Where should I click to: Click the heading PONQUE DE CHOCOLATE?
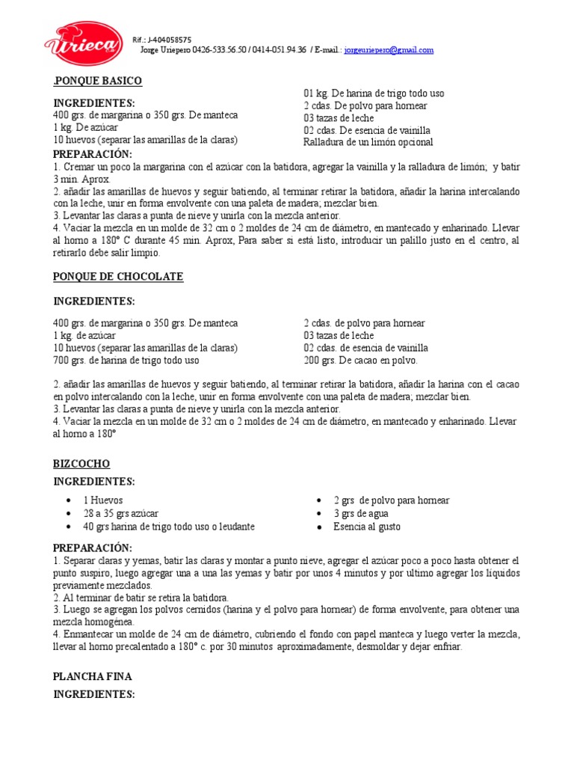pos(118,277)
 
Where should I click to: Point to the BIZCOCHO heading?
pos(81,464)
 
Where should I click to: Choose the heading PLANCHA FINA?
pos(92,676)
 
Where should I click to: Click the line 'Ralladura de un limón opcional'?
pos(368,142)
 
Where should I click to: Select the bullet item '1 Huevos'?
pos(103,500)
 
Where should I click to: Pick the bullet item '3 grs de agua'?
pos(361,514)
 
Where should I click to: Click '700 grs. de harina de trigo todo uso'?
pos(126,360)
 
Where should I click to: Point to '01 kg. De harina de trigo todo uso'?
pos(374,94)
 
